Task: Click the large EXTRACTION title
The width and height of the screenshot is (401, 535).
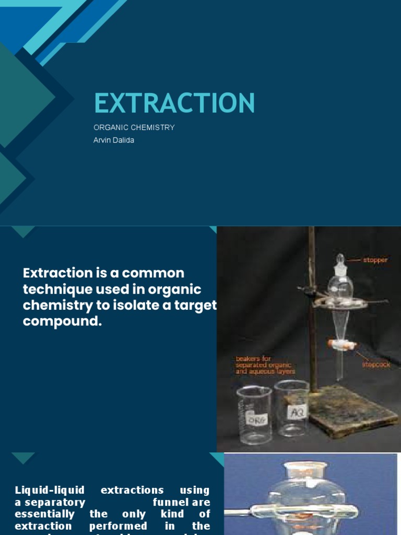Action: pyautogui.click(x=174, y=102)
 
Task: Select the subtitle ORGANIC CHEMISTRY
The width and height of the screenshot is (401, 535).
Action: pyautogui.click(x=134, y=127)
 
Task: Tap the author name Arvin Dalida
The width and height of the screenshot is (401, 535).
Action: pyautogui.click(x=113, y=140)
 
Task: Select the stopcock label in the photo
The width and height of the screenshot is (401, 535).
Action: pyautogui.click(x=376, y=365)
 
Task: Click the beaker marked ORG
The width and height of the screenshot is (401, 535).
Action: pyautogui.click(x=254, y=415)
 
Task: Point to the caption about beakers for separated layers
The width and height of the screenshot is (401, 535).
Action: pyautogui.click(x=265, y=365)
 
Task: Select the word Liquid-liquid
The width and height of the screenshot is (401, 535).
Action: pyautogui.click(x=50, y=490)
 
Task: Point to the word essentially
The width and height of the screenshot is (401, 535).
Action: pyautogui.click(x=45, y=514)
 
